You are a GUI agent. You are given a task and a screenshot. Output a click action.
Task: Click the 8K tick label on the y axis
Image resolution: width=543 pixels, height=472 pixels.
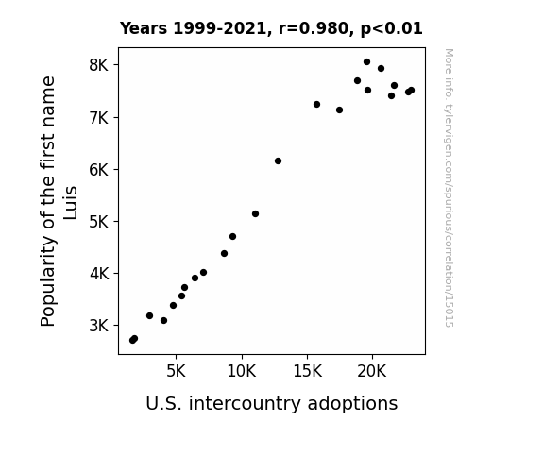click(x=99, y=65)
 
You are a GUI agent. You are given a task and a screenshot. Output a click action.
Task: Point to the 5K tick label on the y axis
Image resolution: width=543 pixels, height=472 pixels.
click(x=99, y=222)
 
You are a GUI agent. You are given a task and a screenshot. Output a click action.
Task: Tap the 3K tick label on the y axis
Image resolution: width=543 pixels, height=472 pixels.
click(x=99, y=326)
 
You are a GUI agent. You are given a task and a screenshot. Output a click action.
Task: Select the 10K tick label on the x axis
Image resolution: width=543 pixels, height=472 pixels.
click(x=242, y=372)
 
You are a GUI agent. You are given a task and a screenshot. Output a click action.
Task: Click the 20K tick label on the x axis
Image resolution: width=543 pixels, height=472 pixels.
click(x=372, y=372)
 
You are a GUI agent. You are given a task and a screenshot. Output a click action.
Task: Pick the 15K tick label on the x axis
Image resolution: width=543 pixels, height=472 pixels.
click(x=307, y=372)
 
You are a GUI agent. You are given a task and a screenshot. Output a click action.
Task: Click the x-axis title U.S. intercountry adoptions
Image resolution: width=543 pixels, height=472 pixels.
click(x=272, y=404)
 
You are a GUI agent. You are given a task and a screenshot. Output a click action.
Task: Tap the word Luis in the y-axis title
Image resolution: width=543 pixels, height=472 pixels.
click(x=70, y=203)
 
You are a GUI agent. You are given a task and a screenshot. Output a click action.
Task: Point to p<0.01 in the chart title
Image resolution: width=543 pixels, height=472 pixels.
click(x=392, y=28)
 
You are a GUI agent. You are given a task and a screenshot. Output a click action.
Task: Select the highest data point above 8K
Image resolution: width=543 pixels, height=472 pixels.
click(x=366, y=62)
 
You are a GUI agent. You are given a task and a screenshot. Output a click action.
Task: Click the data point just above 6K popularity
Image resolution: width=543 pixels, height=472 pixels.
click(x=278, y=161)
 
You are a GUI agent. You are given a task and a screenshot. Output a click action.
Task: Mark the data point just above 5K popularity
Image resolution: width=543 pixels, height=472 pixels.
click(x=255, y=214)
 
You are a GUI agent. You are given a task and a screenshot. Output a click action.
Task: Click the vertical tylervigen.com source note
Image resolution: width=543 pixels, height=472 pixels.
click(x=450, y=188)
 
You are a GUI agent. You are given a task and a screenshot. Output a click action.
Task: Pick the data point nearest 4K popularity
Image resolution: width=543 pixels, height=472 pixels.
click(x=204, y=273)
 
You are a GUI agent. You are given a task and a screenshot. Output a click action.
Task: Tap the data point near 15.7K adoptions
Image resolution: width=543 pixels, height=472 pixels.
click(x=316, y=104)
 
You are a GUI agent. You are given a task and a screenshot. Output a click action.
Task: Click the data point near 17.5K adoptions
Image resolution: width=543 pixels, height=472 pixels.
click(x=339, y=110)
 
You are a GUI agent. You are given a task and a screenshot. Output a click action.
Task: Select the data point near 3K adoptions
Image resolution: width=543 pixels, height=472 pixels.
click(x=149, y=316)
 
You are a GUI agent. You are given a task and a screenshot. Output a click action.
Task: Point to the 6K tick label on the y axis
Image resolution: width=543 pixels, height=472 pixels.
click(x=99, y=170)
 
